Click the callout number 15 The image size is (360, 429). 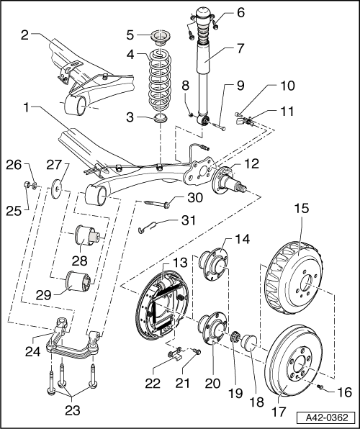point(302,209)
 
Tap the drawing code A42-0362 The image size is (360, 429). point(327,418)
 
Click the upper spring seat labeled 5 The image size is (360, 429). point(161,37)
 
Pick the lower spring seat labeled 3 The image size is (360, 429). point(161,118)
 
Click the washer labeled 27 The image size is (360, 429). point(57,189)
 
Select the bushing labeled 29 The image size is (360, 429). point(79,281)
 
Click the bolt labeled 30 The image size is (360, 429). point(157,204)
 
